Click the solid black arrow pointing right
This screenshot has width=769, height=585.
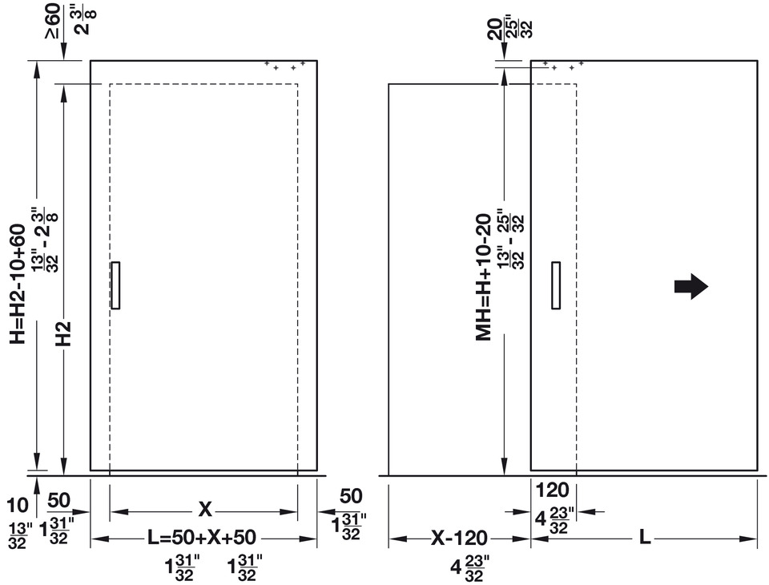(691, 286)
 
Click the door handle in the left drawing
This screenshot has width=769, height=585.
(115, 285)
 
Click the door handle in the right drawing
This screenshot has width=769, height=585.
(556, 285)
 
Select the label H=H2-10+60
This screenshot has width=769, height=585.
(18, 284)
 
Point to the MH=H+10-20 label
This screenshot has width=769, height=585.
(484, 277)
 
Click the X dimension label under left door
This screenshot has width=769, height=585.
(205, 510)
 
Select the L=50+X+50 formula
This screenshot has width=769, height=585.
(202, 538)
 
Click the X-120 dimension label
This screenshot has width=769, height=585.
(459, 538)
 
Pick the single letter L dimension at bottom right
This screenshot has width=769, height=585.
(645, 538)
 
